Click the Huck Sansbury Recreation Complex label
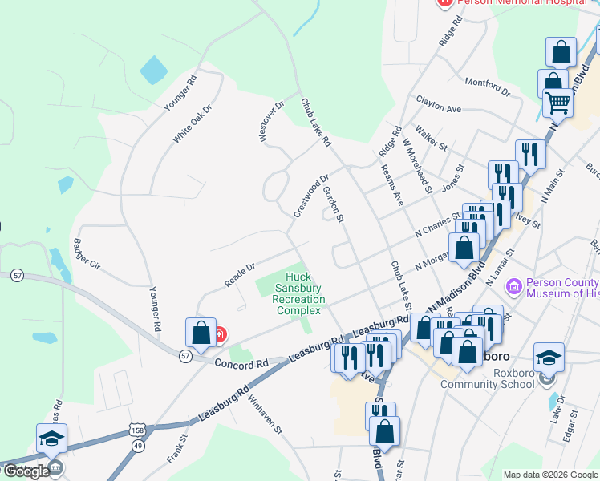tap(298, 293)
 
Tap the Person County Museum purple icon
tap(513, 285)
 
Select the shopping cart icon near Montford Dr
tap(557, 103)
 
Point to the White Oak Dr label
tap(192, 123)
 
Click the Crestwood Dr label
tap(311, 196)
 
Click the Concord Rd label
tap(240, 364)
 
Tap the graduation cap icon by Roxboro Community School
tap(549, 356)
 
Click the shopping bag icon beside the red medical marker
tap(201, 333)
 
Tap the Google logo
tap(26, 471)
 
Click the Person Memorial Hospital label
tap(506, 2)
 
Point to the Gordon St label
tap(332, 204)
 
